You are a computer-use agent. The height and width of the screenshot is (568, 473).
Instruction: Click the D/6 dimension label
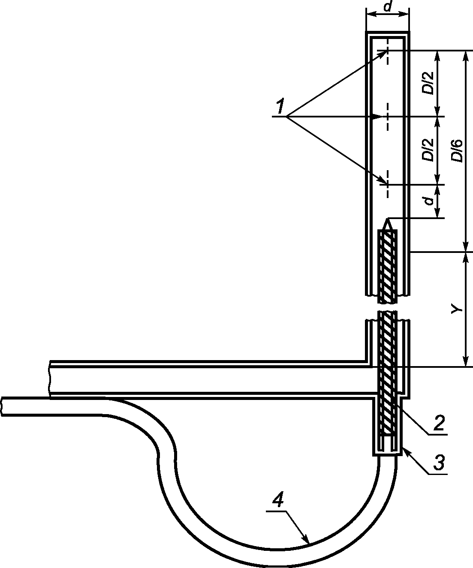click(x=457, y=150)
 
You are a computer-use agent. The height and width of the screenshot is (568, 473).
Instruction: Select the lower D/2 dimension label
click(x=427, y=150)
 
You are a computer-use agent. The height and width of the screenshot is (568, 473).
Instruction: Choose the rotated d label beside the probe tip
click(x=429, y=200)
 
